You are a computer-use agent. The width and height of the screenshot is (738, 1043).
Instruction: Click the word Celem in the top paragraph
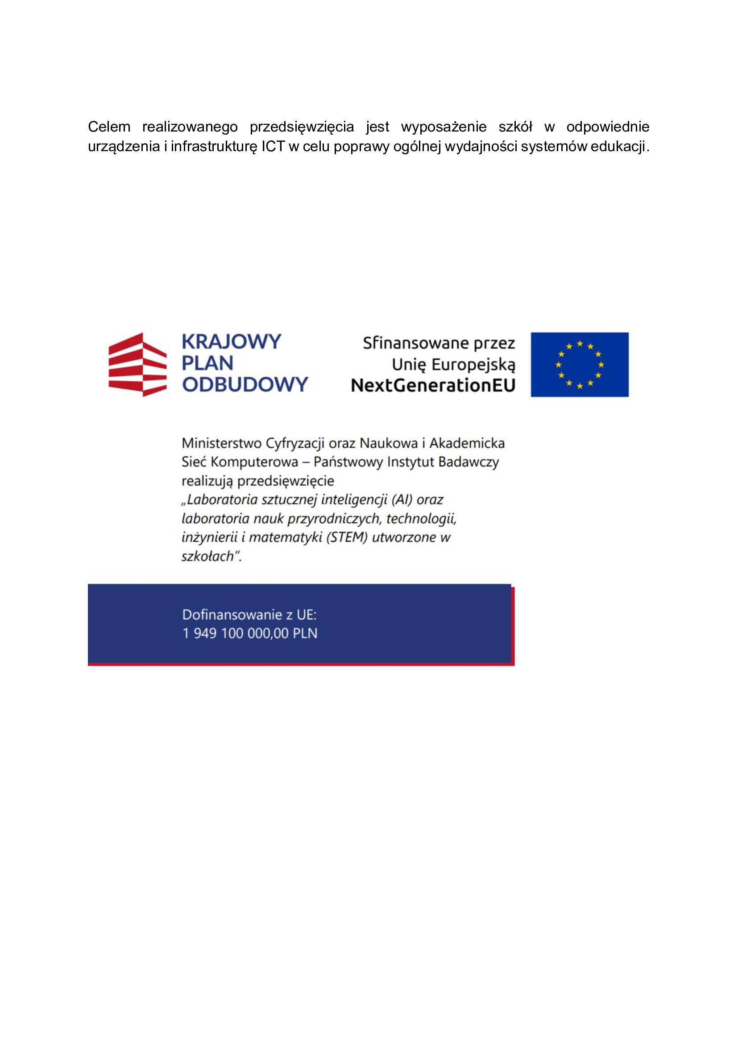click(x=109, y=127)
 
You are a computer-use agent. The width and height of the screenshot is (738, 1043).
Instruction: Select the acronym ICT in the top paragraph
click(x=273, y=147)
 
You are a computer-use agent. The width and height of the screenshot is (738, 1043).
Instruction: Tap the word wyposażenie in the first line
click(x=444, y=127)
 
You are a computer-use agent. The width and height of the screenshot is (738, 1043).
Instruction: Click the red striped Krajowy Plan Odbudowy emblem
click(x=137, y=364)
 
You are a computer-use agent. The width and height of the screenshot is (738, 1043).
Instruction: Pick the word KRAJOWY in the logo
click(x=231, y=342)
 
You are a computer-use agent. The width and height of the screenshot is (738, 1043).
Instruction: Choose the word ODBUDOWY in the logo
click(x=245, y=384)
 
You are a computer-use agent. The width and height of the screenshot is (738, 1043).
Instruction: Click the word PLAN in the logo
click(x=207, y=363)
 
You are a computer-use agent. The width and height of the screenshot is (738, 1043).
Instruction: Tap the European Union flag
click(x=580, y=364)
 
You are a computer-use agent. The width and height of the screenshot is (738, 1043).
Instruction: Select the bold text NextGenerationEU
click(x=433, y=385)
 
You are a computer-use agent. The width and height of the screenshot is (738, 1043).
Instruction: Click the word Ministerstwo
click(x=221, y=443)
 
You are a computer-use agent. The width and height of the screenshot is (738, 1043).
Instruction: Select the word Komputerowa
click(x=254, y=462)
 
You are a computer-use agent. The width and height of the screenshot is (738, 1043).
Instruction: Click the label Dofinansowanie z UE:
click(x=249, y=614)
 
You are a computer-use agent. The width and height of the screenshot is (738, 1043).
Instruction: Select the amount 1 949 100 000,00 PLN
click(x=250, y=633)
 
